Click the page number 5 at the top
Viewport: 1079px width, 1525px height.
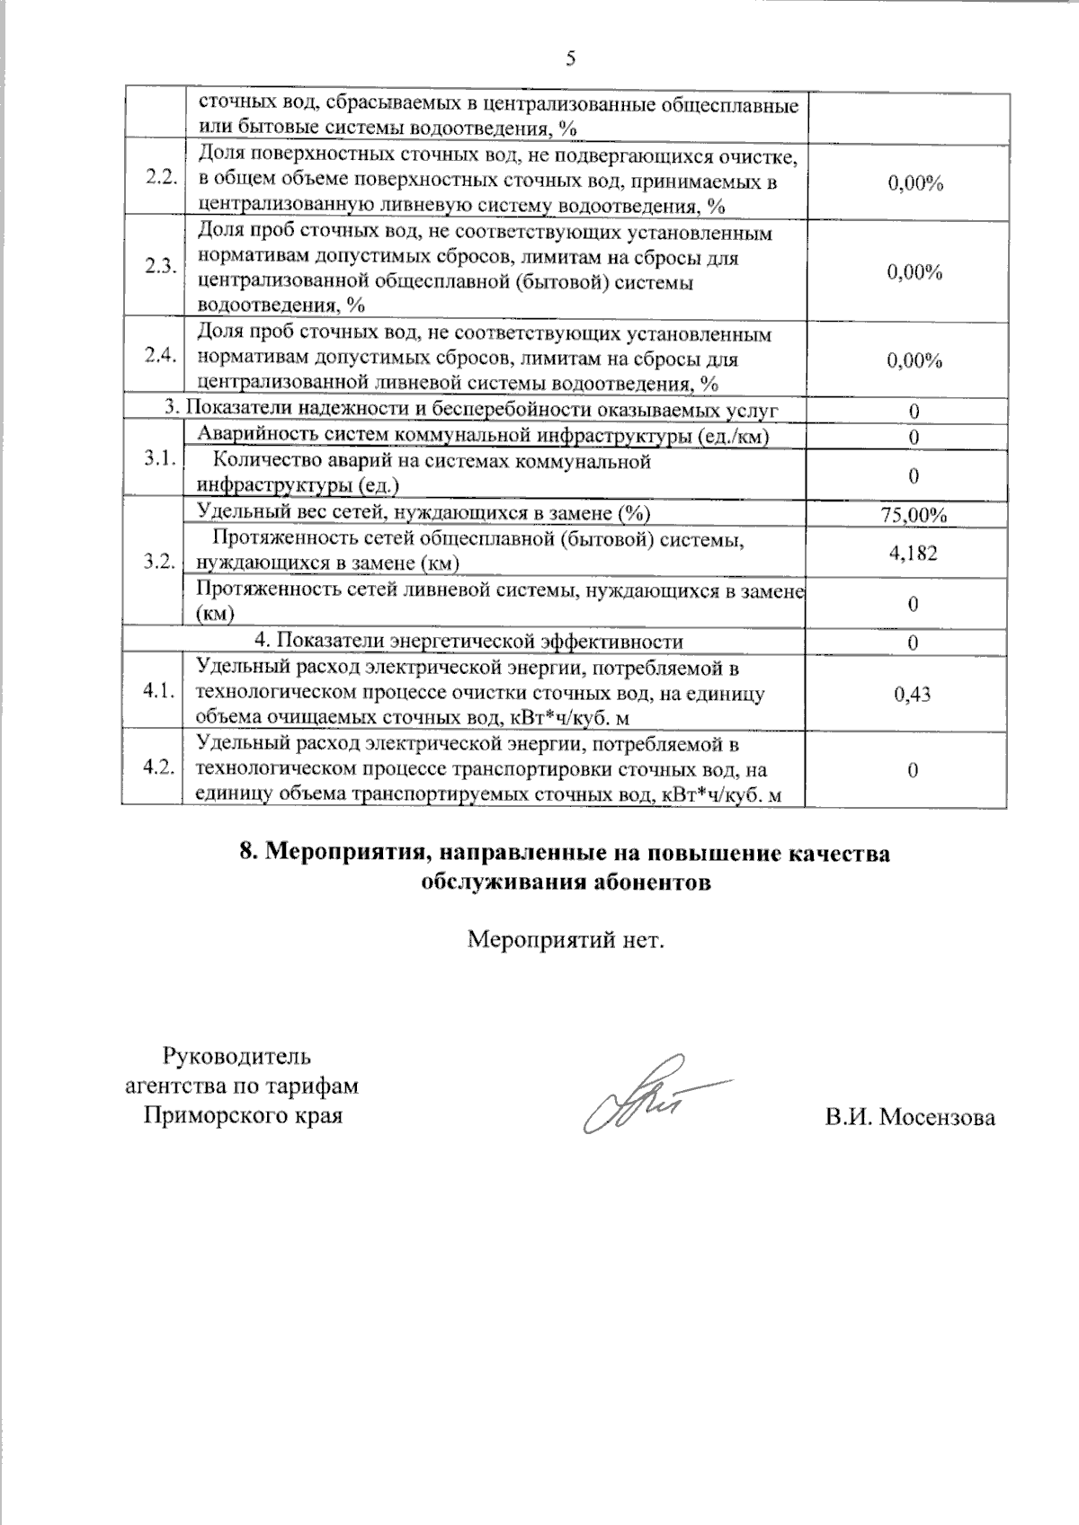(570, 59)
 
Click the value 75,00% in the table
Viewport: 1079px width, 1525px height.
(914, 515)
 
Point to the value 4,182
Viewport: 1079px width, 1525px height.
(914, 553)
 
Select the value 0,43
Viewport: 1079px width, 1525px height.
(914, 694)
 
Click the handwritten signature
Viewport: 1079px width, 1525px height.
(647, 1095)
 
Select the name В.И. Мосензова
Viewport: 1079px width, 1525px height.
(910, 1118)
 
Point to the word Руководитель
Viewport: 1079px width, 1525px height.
(237, 1055)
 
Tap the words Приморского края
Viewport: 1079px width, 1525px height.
(244, 1117)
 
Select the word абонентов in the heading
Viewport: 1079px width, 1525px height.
(648, 882)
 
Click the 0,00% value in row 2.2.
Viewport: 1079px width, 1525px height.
(914, 183)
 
